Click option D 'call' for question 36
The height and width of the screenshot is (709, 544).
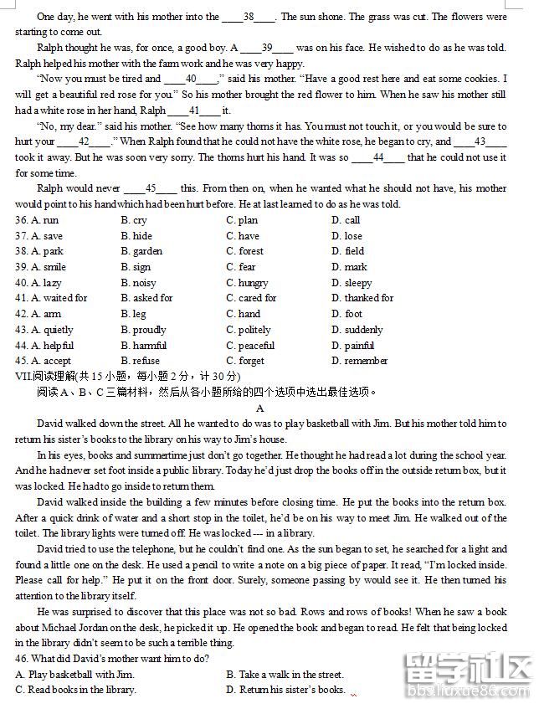click(346, 220)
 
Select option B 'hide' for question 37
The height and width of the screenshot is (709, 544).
click(136, 236)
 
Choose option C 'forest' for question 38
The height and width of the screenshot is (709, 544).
click(244, 251)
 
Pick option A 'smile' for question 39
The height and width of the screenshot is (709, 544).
click(49, 267)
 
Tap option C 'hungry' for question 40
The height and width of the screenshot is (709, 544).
click(247, 283)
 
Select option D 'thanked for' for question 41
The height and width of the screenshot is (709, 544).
click(362, 298)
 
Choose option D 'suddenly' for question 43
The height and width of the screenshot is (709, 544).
click(357, 330)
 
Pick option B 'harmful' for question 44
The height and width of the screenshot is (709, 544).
click(143, 346)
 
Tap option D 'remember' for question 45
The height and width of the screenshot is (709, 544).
click(360, 361)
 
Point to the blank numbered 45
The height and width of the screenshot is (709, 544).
click(151, 188)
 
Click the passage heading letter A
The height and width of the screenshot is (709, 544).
click(260, 408)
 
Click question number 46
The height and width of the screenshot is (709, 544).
click(23, 659)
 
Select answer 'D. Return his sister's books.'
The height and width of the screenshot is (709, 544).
click(285, 690)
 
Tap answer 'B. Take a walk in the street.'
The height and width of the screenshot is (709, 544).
click(285, 675)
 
